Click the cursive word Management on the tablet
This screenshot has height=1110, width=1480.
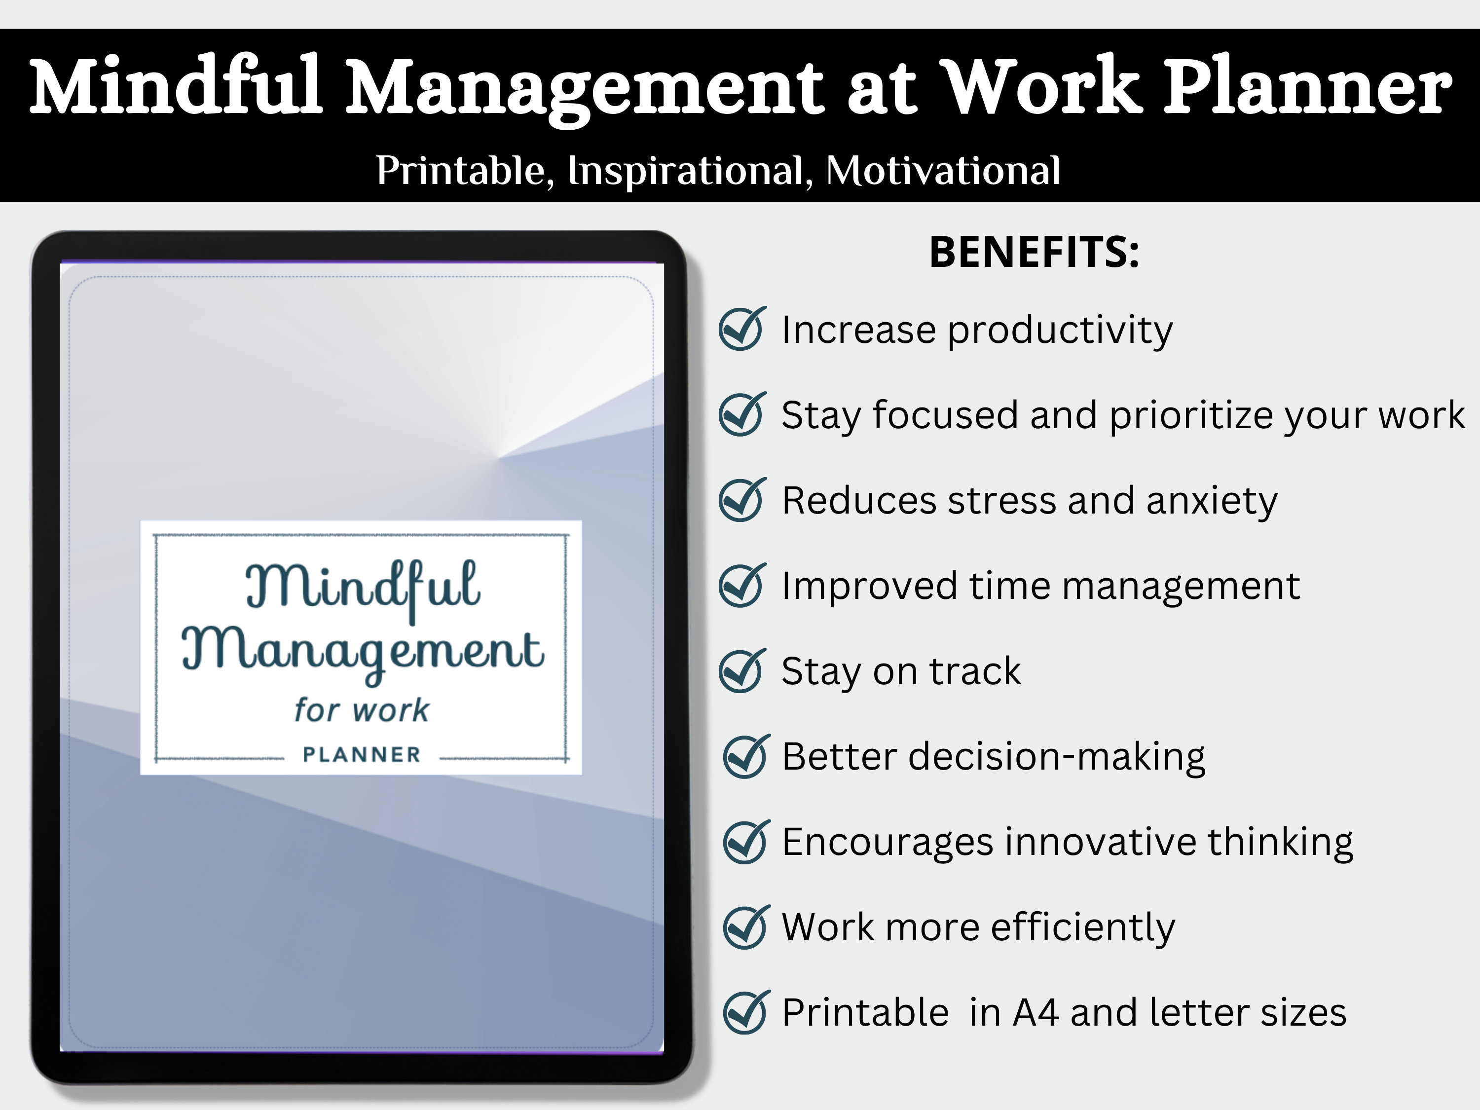tap(363, 651)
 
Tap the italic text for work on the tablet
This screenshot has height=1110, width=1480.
tap(361, 710)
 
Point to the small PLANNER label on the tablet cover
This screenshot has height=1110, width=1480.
tap(361, 755)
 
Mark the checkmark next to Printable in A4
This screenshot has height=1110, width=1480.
tap(744, 1012)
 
